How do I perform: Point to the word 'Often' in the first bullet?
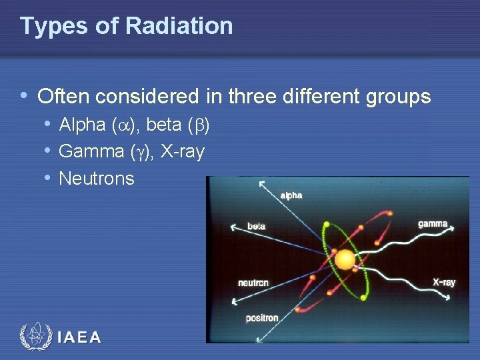pyautogui.click(x=64, y=97)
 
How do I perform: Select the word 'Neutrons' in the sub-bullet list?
pyautogui.click(x=97, y=179)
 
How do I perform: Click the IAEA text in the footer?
pyautogui.click(x=79, y=337)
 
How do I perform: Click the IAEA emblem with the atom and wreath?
pyautogui.click(x=35, y=337)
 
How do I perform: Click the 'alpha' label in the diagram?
pyautogui.click(x=291, y=195)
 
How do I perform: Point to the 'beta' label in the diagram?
pyautogui.click(x=257, y=227)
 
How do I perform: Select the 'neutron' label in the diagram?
pyautogui.click(x=253, y=283)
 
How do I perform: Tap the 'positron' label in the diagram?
pyautogui.click(x=262, y=318)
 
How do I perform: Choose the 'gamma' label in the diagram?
pyautogui.click(x=433, y=224)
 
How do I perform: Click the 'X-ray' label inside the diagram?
pyautogui.click(x=444, y=282)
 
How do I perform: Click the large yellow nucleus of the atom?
pyautogui.click(x=345, y=259)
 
